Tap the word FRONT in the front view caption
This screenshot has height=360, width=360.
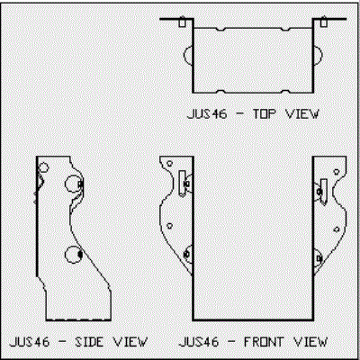coord(264,342)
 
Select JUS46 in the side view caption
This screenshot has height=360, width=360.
coord(30,342)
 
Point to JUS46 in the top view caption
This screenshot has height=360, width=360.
coord(207,114)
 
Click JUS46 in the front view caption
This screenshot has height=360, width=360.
coord(199,342)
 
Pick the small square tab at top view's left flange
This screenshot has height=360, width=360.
coord(182,22)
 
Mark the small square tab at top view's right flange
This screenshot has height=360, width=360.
coord(323,22)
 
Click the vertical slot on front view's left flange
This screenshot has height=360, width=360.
coord(182,184)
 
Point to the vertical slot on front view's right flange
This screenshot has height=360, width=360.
coord(323,192)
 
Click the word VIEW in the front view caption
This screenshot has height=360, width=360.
coord(310,342)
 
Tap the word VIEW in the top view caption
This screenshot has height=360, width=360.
coord(302,114)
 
